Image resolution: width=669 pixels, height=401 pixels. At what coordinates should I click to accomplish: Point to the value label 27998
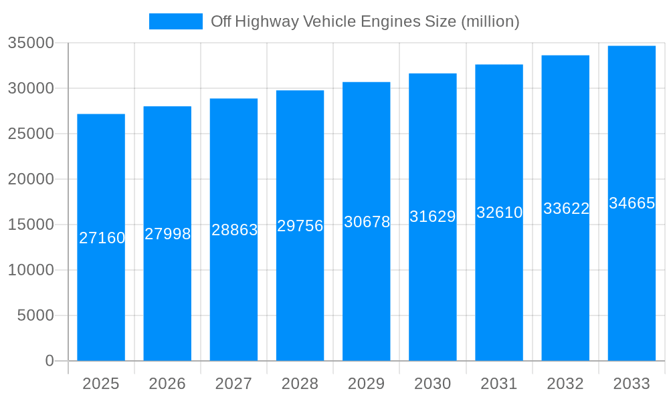pyautogui.click(x=167, y=234)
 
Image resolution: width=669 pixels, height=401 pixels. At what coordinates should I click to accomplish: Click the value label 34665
pyautogui.click(x=632, y=203)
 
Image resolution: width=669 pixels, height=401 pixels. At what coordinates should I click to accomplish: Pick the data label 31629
pyautogui.click(x=432, y=217)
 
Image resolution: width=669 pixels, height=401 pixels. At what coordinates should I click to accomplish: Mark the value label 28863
pyautogui.click(x=234, y=230)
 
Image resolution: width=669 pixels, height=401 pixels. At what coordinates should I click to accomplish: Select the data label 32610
pyautogui.click(x=499, y=213)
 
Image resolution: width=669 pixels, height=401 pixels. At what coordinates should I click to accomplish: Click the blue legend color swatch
pyautogui.click(x=175, y=21)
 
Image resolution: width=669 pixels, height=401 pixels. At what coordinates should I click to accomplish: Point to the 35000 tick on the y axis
pyautogui.click(x=31, y=43)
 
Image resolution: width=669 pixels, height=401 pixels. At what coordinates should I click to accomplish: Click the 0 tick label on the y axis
pyautogui.click(x=49, y=361)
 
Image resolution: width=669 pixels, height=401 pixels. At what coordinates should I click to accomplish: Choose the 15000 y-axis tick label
pyautogui.click(x=31, y=225)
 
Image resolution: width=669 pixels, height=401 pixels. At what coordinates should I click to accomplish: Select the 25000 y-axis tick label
pyautogui.click(x=31, y=134)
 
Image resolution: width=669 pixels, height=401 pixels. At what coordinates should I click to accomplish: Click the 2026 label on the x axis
pyautogui.click(x=167, y=384)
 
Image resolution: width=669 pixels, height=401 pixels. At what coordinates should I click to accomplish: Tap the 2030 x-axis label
pyautogui.click(x=432, y=384)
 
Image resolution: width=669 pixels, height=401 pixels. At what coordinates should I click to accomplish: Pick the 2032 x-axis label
pyautogui.click(x=565, y=384)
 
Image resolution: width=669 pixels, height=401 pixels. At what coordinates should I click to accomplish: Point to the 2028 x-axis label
pyautogui.click(x=300, y=384)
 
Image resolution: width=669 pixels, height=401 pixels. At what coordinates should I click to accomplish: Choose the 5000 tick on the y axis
pyautogui.click(x=35, y=315)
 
